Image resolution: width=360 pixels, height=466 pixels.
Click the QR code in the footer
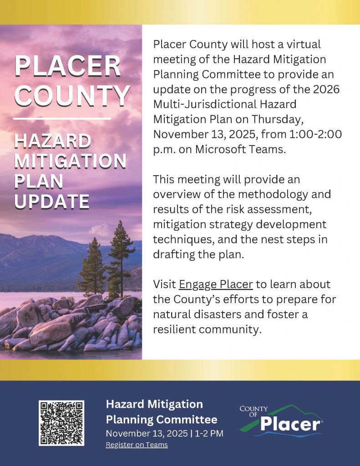coord(61,423)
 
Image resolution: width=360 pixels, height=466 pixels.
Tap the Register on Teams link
coord(137,445)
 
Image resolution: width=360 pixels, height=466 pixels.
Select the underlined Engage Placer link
coord(216,284)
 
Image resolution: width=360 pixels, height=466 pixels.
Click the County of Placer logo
coord(281,420)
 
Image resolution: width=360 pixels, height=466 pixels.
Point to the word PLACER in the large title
coord(68,66)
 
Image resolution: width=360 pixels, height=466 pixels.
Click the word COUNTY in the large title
coord(72,95)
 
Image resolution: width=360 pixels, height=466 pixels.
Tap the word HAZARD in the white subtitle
coord(53,141)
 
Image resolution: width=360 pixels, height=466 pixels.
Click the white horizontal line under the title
coord(62,119)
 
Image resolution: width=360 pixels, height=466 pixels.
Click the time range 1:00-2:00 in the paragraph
coord(315,134)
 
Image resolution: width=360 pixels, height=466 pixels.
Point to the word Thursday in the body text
coord(277,120)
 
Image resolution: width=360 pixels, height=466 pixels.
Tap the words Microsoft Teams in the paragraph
coord(240,149)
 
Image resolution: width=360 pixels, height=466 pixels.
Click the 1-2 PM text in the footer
coord(209,433)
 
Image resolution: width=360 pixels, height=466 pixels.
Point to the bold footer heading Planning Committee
coord(162,419)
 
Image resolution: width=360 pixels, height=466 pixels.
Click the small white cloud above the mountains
coord(99,229)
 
